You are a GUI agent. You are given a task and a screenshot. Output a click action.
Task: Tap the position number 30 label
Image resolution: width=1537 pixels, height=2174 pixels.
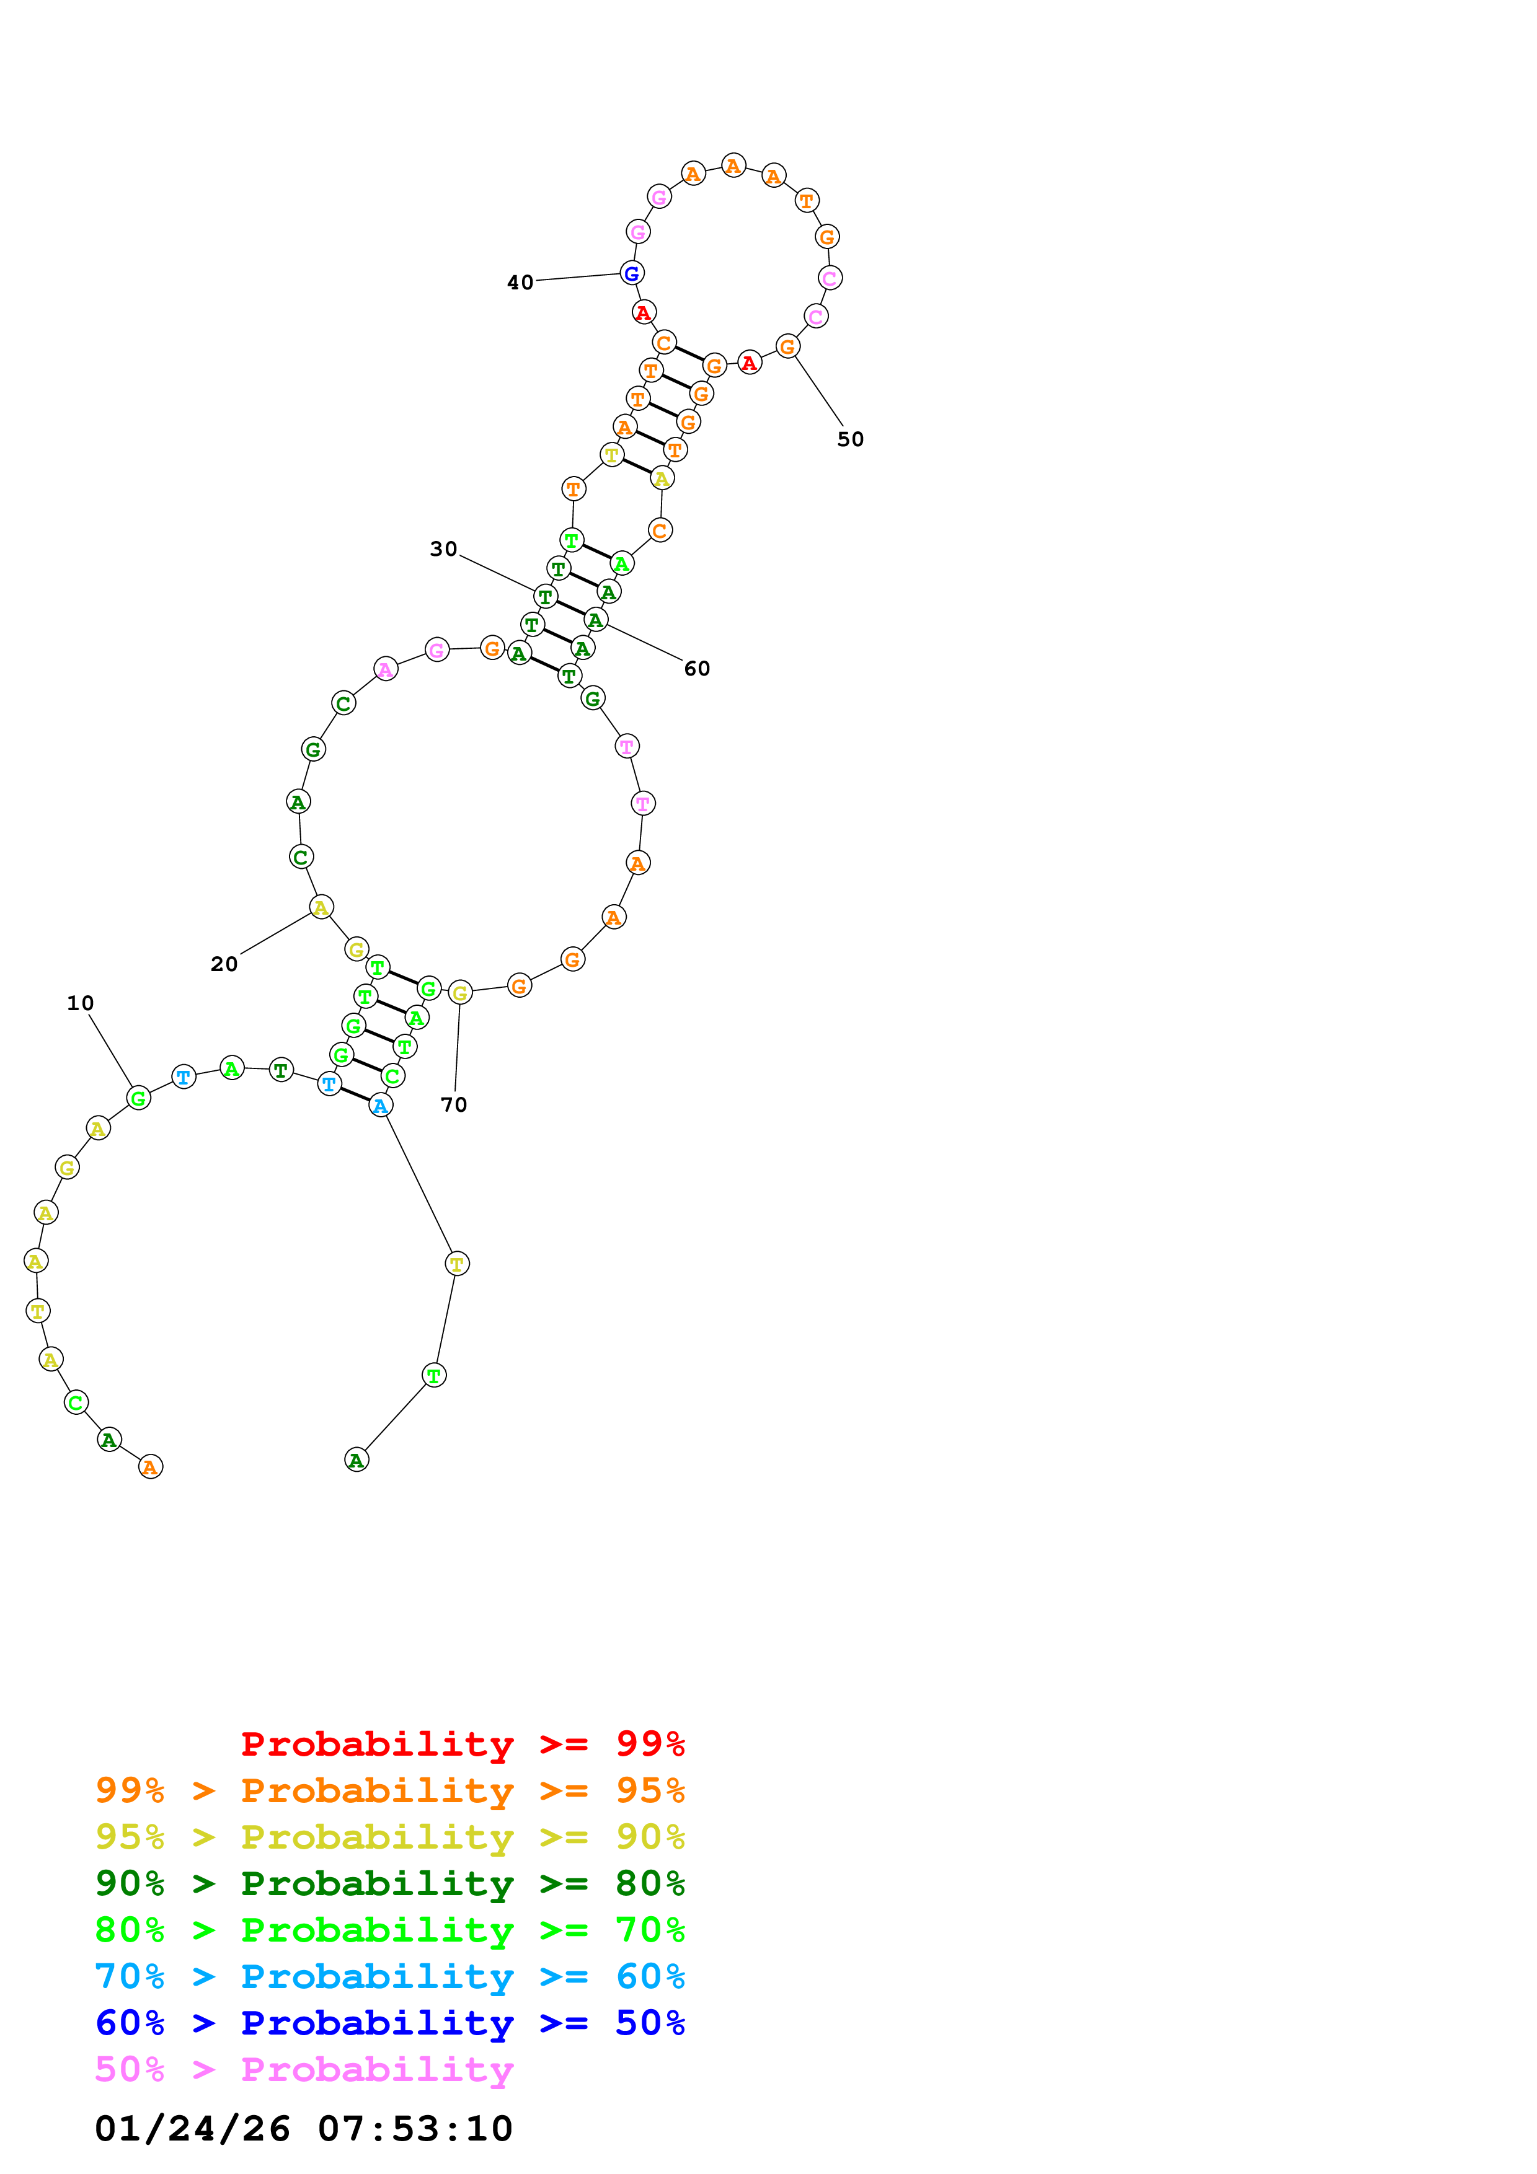click(x=443, y=549)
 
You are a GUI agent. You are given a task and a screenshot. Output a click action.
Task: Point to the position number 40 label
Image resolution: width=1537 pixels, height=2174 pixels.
click(x=520, y=282)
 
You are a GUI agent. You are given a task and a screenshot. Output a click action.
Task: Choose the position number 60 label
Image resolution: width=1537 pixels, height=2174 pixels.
click(x=696, y=669)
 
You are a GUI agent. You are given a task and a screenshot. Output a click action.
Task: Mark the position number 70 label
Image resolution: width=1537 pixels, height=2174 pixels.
click(x=454, y=1104)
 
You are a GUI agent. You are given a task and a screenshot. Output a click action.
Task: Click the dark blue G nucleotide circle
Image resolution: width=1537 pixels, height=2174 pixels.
click(x=632, y=274)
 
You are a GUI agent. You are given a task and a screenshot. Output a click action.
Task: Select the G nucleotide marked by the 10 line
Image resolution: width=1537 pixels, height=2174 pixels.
click(x=138, y=1098)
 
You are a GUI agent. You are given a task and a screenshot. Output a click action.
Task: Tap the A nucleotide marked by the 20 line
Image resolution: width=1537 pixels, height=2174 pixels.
click(x=321, y=908)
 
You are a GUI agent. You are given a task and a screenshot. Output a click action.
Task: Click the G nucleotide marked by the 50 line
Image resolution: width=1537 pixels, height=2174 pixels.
click(x=787, y=346)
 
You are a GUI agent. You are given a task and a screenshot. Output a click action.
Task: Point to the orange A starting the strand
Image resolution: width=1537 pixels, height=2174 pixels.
click(x=151, y=1467)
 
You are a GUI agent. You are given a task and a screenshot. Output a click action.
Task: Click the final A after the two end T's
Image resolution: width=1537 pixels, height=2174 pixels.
click(x=356, y=1460)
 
